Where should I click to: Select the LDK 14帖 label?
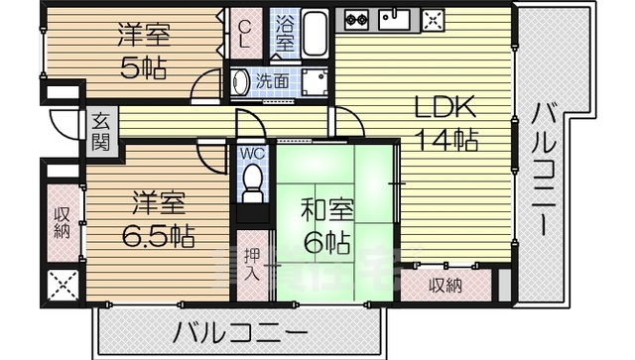pyautogui.click(x=445, y=123)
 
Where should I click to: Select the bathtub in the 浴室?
pyautogui.click(x=316, y=34)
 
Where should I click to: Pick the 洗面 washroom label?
pyautogui.click(x=273, y=82)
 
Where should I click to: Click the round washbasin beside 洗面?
pyautogui.click(x=240, y=82)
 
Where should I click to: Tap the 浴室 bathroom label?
pyautogui.click(x=283, y=34)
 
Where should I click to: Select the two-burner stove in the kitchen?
pyautogui.click(x=356, y=18)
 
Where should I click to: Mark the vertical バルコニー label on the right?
pyautogui.click(x=544, y=169)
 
